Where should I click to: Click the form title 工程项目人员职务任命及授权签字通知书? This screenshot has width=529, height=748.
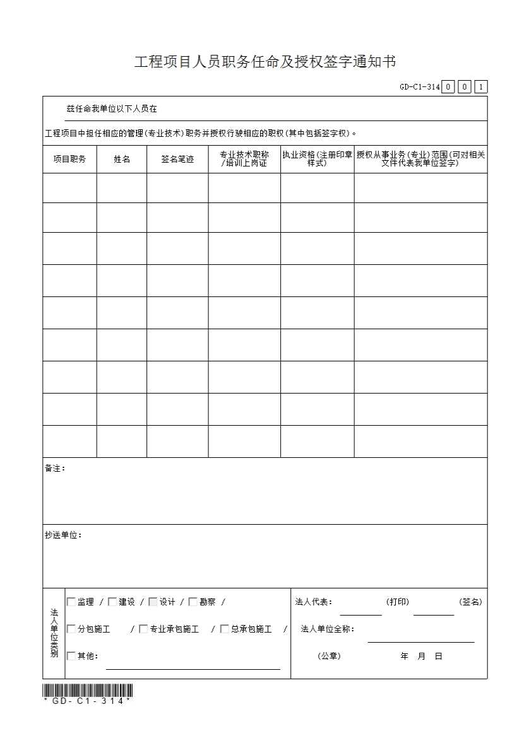(265, 62)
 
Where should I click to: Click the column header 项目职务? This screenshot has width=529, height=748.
(69, 160)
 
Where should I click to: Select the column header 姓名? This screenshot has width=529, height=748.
(122, 160)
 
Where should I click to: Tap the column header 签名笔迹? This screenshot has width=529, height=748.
(177, 160)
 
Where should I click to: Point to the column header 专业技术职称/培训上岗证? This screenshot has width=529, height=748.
(244, 159)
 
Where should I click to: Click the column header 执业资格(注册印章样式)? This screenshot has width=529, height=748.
(317, 159)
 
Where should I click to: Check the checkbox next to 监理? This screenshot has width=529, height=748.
(71, 602)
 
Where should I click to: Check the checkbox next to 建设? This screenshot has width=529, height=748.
(112, 602)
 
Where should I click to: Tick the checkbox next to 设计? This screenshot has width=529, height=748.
(153, 602)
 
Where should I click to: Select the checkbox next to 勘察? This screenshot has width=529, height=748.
(193, 602)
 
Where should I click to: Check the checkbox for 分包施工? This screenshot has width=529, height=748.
(71, 629)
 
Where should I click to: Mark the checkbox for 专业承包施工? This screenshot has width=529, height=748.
(143, 629)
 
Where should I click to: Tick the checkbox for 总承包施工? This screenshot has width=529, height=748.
(224, 629)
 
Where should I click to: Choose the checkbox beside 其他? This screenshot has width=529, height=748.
(71, 656)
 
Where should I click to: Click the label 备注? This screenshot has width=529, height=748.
(55, 469)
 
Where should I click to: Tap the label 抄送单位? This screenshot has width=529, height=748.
(63, 535)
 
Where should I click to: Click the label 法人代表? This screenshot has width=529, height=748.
(314, 602)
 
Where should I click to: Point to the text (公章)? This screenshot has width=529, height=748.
(329, 656)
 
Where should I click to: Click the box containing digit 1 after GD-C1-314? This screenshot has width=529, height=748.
(480, 87)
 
